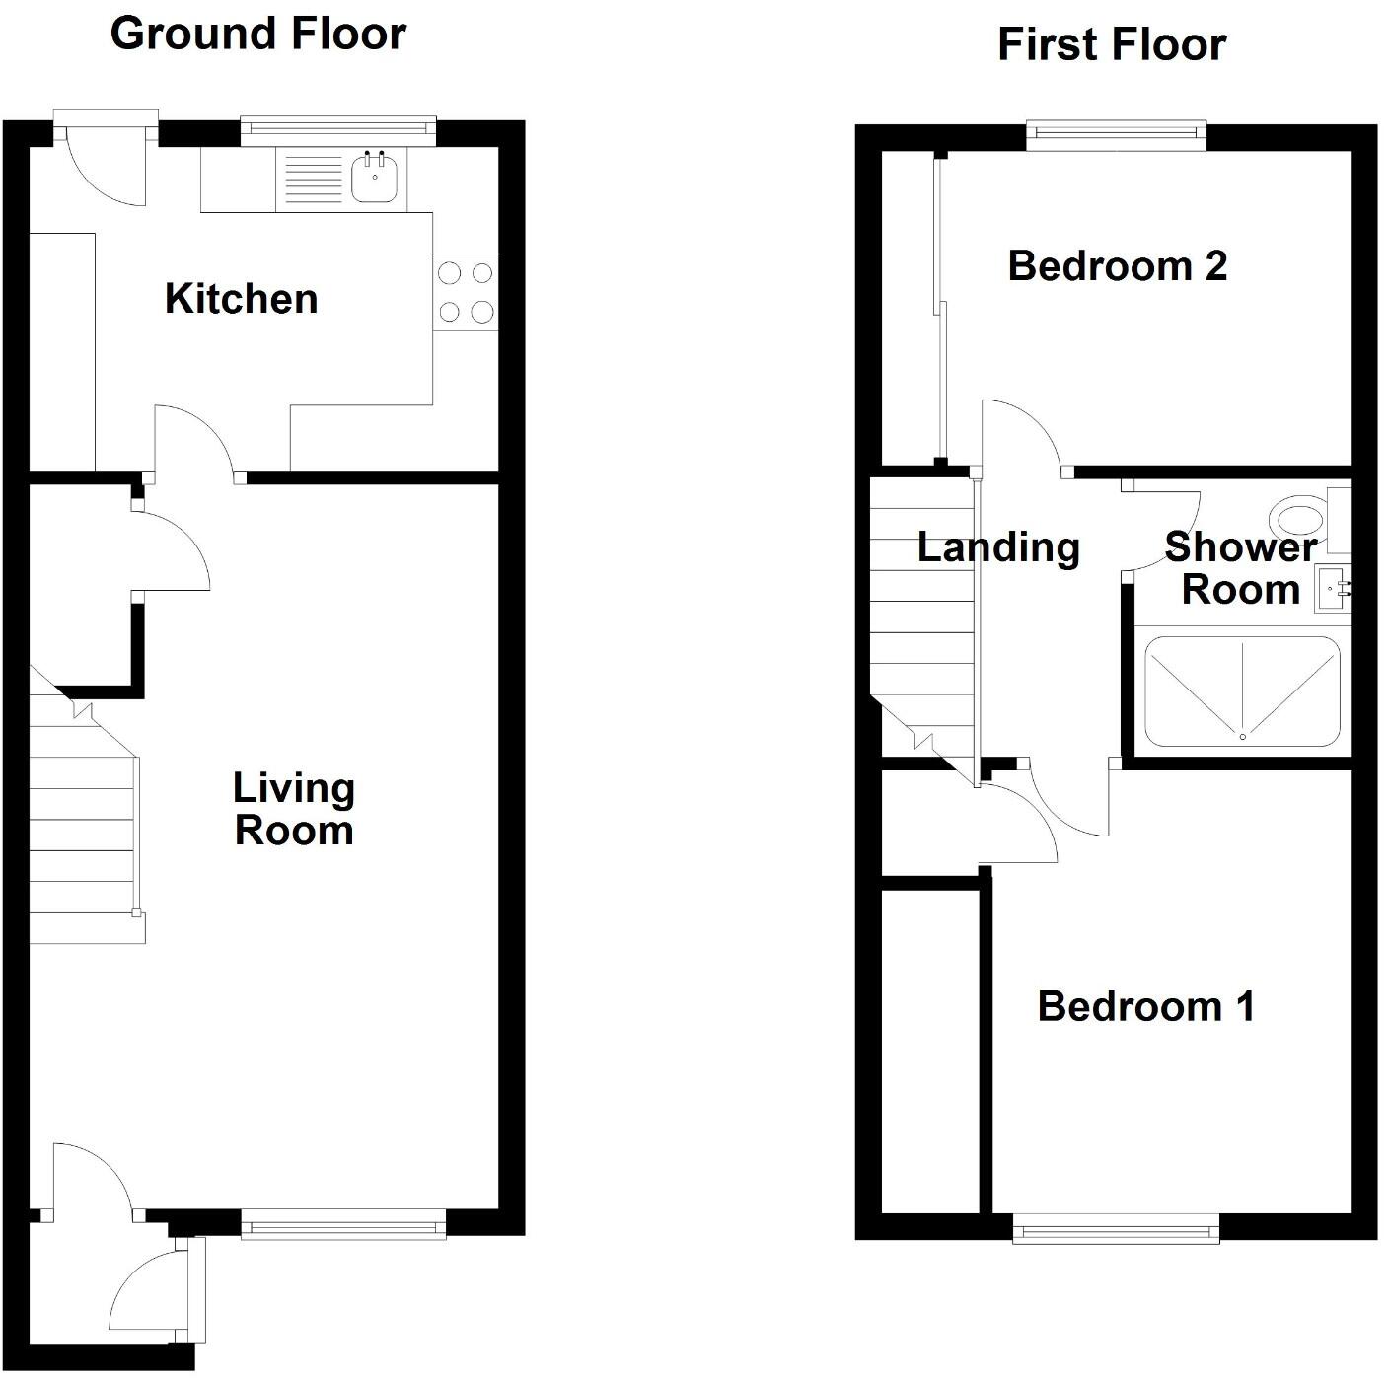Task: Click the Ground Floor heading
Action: click(x=257, y=34)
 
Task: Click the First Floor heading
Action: click(x=1111, y=45)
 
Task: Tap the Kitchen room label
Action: click(x=241, y=299)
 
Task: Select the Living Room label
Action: click(x=293, y=809)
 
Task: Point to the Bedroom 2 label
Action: click(x=1117, y=266)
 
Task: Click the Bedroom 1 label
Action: click(x=1145, y=1007)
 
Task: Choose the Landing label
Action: click(x=997, y=547)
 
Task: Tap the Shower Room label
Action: click(x=1240, y=568)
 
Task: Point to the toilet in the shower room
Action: click(x=1300, y=518)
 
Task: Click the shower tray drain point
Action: click(x=1242, y=736)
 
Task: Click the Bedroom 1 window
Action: click(x=1116, y=1230)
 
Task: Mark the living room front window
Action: click(x=343, y=1227)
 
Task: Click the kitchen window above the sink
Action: click(x=338, y=126)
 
